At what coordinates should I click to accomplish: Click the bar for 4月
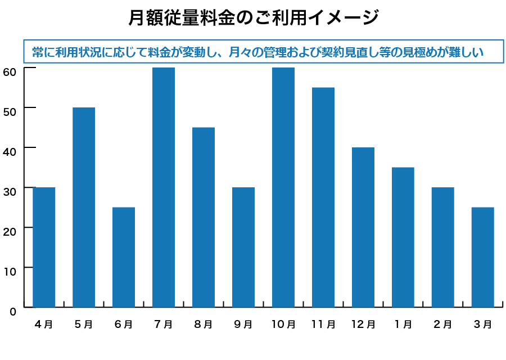[44, 247]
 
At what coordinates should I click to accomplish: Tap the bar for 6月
[124, 257]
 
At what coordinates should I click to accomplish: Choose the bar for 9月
[243, 247]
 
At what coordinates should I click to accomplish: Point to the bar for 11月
[323, 197]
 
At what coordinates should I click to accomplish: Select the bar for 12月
[363, 227]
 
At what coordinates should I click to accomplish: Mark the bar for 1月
[403, 237]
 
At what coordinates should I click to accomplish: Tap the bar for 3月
[483, 257]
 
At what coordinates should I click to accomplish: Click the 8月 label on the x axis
[203, 325]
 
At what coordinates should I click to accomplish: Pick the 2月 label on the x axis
[443, 325]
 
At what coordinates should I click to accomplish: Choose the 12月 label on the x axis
[363, 325]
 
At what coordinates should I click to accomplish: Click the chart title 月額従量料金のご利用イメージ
[253, 18]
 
